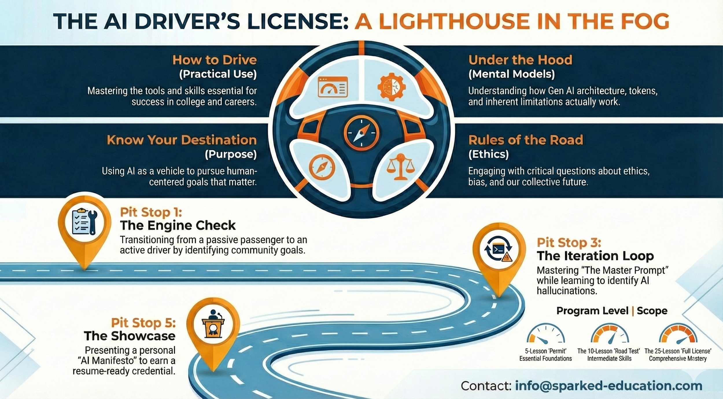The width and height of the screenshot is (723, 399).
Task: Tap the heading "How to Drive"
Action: [215, 60]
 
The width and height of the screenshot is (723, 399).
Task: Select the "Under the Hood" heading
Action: [520, 60]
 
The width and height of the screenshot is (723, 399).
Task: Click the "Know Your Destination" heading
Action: [182, 140]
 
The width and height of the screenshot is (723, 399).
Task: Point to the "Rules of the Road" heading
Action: [525, 140]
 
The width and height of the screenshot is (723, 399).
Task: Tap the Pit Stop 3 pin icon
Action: [499, 250]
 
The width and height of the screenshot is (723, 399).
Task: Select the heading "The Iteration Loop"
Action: [595, 256]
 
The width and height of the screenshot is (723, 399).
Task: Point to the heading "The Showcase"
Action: [130, 336]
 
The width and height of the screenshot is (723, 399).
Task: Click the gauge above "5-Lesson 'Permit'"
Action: [545, 334]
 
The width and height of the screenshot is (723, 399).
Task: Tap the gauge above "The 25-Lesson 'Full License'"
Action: [678, 334]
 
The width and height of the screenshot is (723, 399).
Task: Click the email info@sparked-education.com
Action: [609, 386]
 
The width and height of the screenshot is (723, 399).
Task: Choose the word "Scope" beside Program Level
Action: [652, 311]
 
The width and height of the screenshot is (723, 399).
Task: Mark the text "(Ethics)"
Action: [488, 154]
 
